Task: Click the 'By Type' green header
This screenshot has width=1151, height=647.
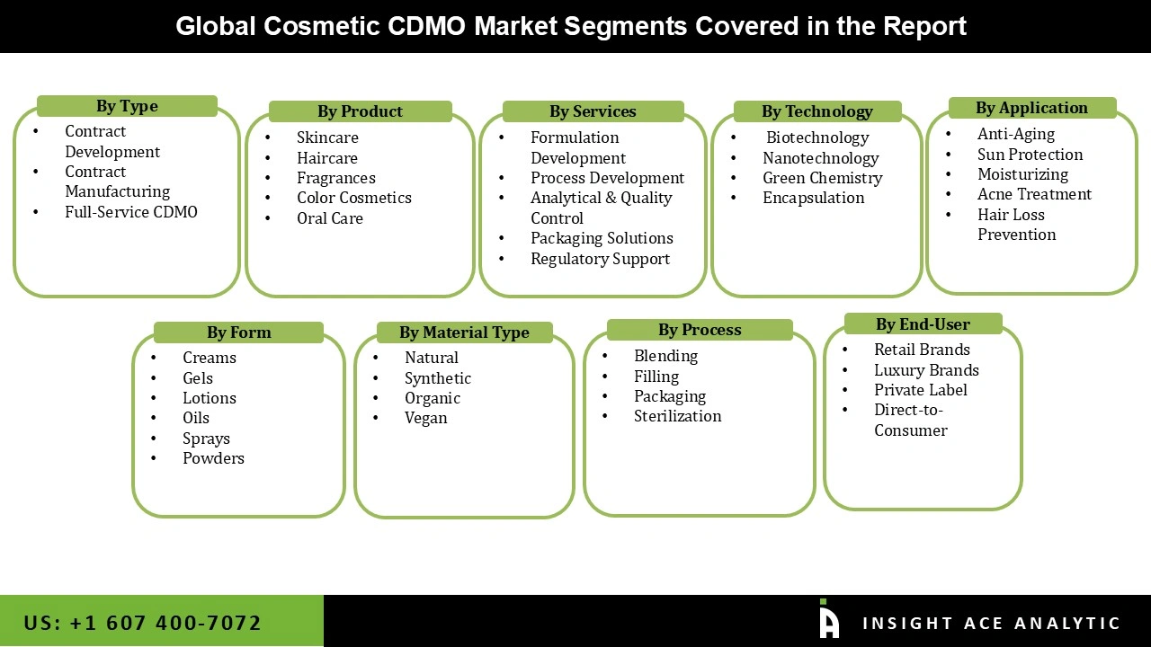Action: point(127,106)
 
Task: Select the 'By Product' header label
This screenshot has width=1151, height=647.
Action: point(360,111)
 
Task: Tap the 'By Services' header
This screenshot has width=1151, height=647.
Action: point(593,111)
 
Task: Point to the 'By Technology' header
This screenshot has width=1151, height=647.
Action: point(816,111)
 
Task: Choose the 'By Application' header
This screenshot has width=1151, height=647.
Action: point(1031,108)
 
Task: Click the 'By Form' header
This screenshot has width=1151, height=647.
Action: point(238,332)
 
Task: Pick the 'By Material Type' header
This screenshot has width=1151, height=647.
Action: point(464,332)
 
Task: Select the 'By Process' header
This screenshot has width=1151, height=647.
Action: point(700,330)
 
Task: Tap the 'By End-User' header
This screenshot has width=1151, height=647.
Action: point(923,324)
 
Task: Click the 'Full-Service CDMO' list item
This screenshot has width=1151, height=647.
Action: point(130,212)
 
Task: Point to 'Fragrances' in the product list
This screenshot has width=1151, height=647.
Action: point(335,178)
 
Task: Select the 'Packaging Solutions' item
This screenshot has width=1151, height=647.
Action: point(602,238)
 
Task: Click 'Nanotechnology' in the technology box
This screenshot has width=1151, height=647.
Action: point(820,158)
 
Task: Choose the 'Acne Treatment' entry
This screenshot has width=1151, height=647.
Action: point(1034,194)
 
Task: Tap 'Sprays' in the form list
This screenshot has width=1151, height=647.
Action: point(206,439)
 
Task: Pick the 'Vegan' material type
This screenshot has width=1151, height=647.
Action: point(425,418)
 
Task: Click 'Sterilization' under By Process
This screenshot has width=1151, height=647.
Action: point(677,416)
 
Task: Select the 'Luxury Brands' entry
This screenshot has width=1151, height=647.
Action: point(926,370)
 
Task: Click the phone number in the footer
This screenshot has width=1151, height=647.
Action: point(142,623)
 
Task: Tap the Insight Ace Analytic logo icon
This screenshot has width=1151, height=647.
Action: point(828,619)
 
